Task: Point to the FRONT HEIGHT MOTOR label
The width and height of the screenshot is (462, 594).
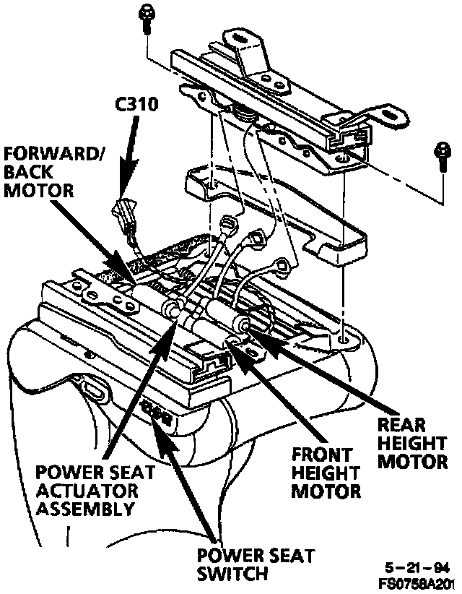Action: [x=326, y=473]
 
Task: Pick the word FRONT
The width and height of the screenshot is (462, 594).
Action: [x=323, y=456]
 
